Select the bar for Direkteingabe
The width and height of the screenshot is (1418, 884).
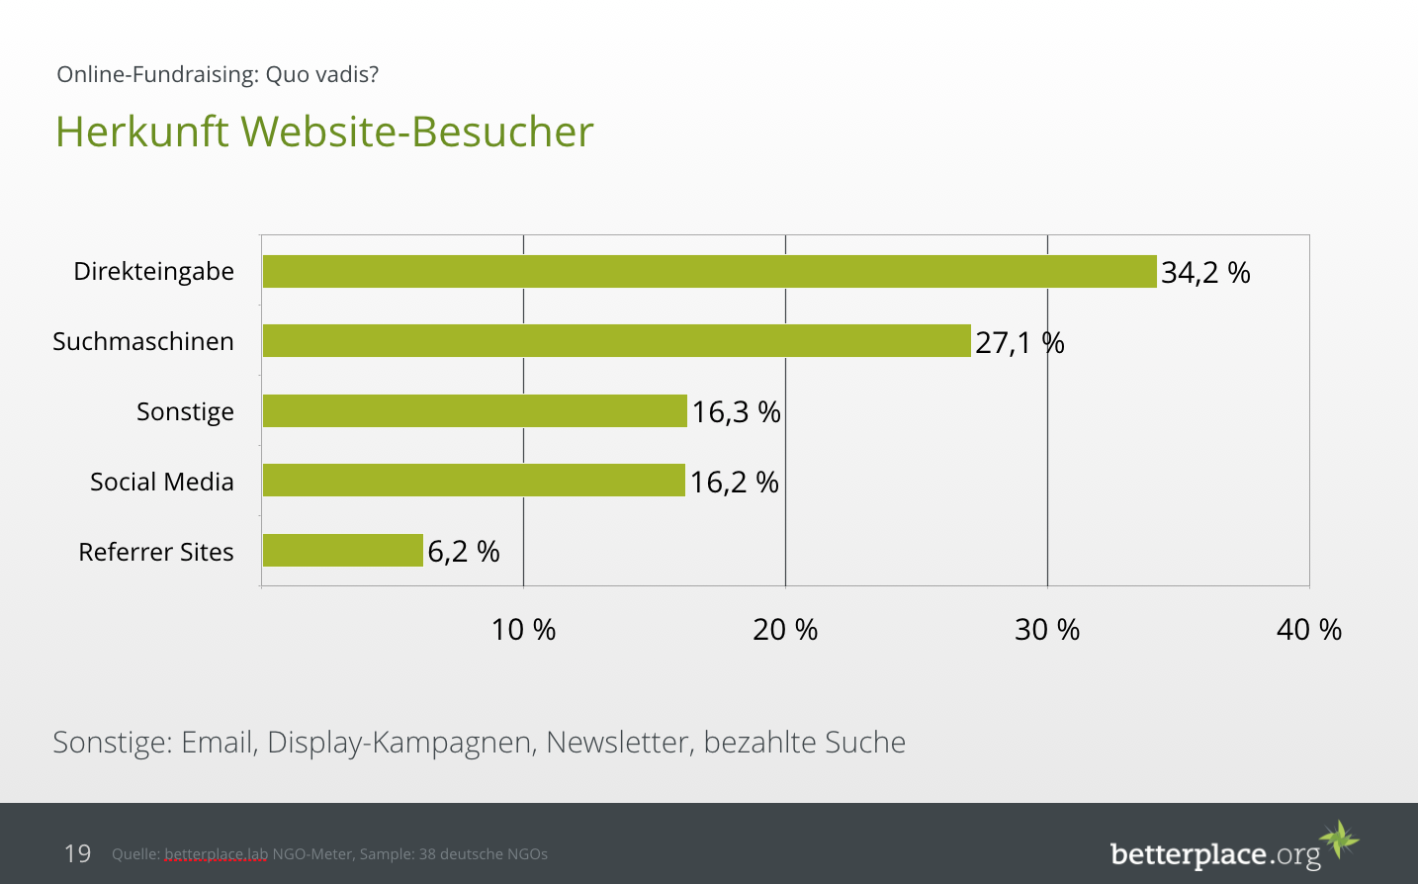[x=709, y=272]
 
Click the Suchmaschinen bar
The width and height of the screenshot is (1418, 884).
[x=616, y=341]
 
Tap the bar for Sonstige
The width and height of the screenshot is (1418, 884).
[x=475, y=411]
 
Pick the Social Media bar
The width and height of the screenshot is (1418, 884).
[x=474, y=481]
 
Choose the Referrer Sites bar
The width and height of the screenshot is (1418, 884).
[x=342, y=551]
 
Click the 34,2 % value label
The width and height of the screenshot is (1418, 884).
[x=1205, y=273]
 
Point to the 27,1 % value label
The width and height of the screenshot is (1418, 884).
[x=1019, y=343]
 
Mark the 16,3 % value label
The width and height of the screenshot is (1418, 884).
[x=736, y=412]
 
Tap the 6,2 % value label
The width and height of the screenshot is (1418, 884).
[x=463, y=552]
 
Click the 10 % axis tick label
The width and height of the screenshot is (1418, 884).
[x=523, y=630]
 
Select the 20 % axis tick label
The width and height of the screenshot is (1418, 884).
[x=785, y=630]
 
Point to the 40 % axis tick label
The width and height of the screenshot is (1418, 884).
[x=1308, y=630]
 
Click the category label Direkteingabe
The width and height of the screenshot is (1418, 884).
[x=153, y=272]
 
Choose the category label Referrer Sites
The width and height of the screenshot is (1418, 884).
[x=156, y=552]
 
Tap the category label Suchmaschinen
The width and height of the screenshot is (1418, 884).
[x=143, y=342]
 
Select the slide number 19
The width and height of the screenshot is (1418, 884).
[x=77, y=853]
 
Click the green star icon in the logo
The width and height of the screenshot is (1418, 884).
[x=1340, y=840]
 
